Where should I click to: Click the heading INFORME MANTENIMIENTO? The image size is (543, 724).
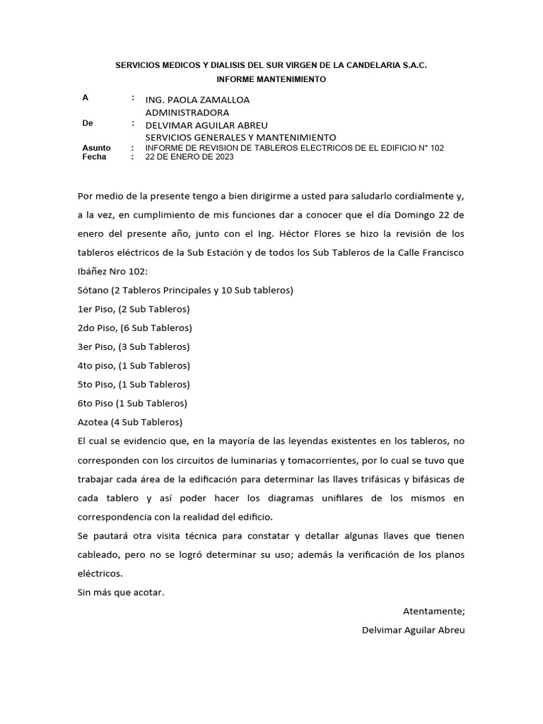(x=271, y=80)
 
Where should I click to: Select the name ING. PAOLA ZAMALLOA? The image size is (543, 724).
(x=197, y=100)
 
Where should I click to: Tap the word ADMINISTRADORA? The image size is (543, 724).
(x=187, y=112)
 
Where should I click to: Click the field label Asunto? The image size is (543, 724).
(x=96, y=148)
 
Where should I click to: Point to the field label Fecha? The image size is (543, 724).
(x=94, y=157)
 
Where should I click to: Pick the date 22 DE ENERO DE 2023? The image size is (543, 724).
(x=189, y=157)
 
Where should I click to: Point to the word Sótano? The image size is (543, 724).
(x=93, y=291)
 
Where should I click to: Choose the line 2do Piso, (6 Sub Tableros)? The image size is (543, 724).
(x=134, y=328)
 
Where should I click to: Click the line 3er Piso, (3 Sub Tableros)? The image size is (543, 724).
(x=134, y=347)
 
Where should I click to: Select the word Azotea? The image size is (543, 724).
(x=93, y=422)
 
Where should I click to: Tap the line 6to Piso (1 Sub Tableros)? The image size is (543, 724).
(x=132, y=404)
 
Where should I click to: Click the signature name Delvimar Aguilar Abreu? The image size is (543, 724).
(x=414, y=629)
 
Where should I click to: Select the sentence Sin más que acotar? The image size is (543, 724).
(x=121, y=592)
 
